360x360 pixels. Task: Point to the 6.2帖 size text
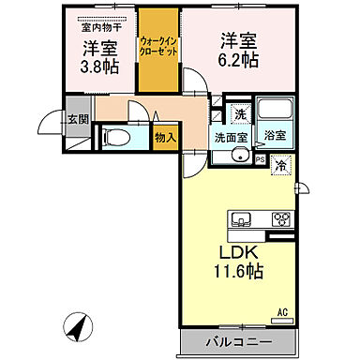click(240, 60)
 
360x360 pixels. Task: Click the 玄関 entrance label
click(78, 118)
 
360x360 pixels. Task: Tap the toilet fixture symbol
click(114, 137)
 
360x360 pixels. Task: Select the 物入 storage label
click(164, 137)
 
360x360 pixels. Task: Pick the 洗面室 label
click(229, 136)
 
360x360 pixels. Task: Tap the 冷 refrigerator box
click(282, 166)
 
